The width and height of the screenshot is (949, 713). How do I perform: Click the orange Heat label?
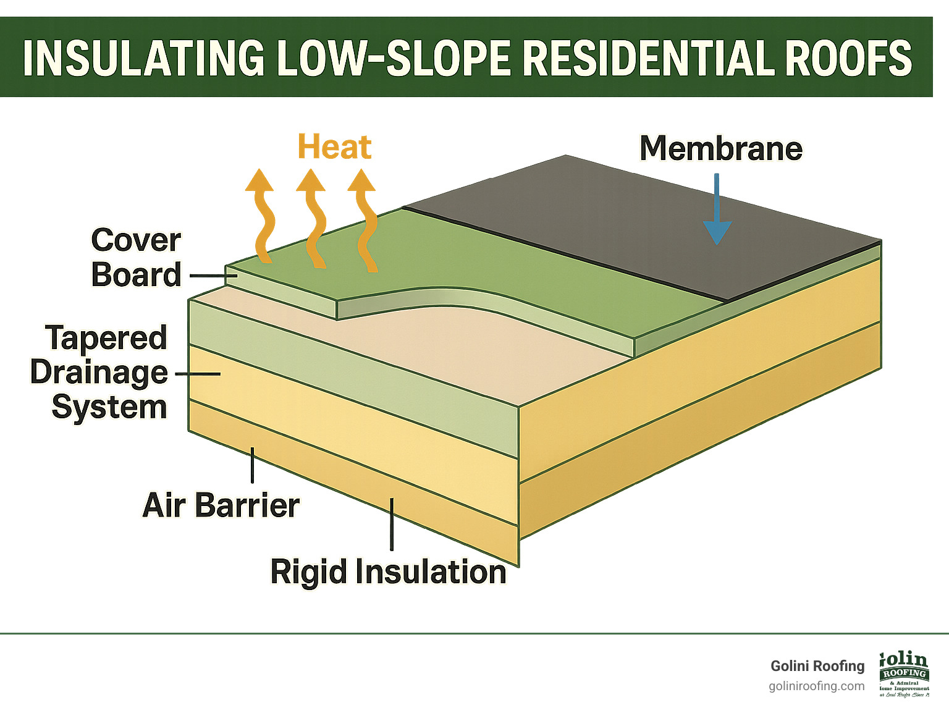click(x=334, y=148)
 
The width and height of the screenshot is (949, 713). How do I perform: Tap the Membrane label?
click(x=720, y=149)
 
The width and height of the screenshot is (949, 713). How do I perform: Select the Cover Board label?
click(x=136, y=258)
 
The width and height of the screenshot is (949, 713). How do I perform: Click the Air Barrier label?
click(x=221, y=505)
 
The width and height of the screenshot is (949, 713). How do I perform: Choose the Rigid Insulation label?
click(x=388, y=572)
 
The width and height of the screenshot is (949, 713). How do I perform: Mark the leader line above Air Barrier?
click(x=252, y=465)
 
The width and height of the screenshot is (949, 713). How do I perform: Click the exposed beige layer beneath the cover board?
click(x=432, y=346)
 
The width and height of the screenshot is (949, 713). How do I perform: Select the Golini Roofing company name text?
click(x=817, y=666)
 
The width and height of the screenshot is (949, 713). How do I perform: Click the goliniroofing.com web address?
click(x=816, y=686)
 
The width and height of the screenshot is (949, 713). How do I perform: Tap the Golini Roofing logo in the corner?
click(x=904, y=674)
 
